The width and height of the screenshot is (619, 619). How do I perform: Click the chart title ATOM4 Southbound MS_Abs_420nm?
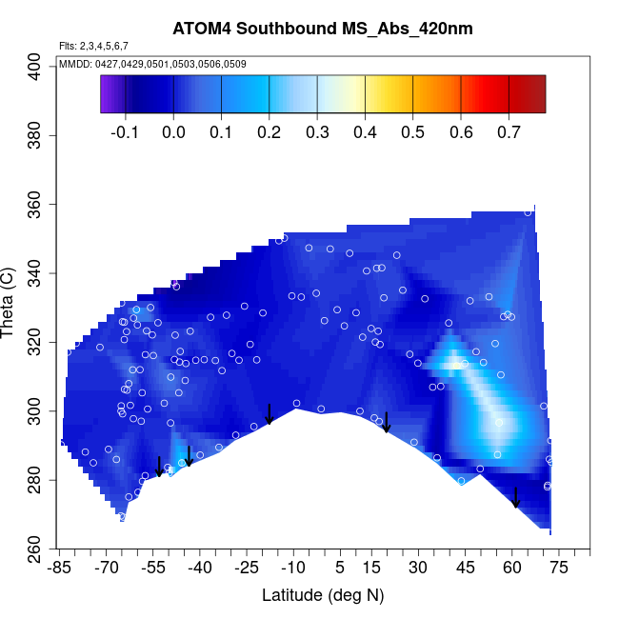[322, 29]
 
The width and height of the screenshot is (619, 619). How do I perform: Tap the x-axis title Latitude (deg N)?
[323, 595]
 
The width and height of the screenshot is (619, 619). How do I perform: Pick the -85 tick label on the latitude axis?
[60, 568]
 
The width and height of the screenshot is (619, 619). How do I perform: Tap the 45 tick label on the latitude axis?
[465, 568]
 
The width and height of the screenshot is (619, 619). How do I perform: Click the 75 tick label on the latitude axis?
[558, 568]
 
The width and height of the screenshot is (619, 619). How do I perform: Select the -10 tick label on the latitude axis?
[293, 568]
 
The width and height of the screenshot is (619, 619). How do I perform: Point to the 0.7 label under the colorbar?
[509, 132]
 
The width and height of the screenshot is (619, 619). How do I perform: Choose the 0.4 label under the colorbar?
[365, 132]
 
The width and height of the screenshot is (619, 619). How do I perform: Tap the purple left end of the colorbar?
[106, 94]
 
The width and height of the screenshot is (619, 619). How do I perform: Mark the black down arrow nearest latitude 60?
[515, 497]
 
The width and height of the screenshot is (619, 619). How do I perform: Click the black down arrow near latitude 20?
[387, 422]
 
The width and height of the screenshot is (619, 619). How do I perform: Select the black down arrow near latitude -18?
[270, 414]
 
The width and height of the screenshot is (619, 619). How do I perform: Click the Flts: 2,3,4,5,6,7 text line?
[93, 46]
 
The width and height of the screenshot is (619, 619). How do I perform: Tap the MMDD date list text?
[152, 64]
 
